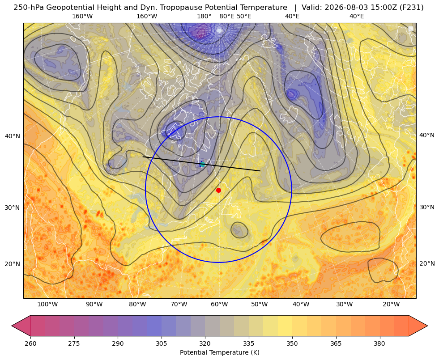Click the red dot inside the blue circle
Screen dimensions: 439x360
coord(219,190)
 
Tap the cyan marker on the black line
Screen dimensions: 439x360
coord(202,164)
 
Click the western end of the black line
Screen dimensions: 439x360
coord(143,157)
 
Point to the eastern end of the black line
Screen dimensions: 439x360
coord(260,171)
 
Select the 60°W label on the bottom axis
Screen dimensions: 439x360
coord(219,304)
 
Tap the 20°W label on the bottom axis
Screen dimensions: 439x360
coord(391,304)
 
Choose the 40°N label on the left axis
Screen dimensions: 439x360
coord(13,136)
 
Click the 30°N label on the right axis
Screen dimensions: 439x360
coord(427,207)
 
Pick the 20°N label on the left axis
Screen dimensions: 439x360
coord(13,264)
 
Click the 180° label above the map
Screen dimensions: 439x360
coord(204,16)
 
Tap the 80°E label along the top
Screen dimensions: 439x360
coord(226,16)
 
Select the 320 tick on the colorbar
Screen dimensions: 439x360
coord(205,343)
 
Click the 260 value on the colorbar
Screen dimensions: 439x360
coord(30,343)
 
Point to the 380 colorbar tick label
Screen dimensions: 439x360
coord(379,343)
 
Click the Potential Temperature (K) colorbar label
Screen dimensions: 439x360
coord(219,352)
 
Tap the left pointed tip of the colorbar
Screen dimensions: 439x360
coord(12,326)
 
